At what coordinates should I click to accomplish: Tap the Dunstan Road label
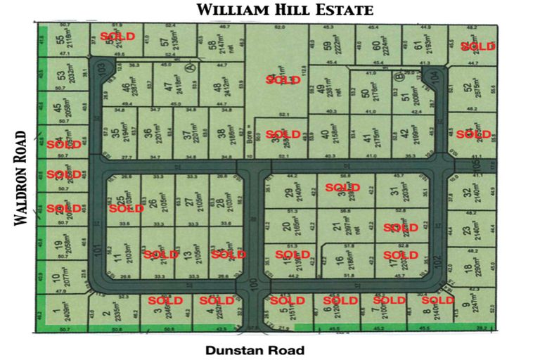pyautogui.click(x=256, y=349)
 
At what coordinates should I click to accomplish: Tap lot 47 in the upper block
pyautogui.click(x=168, y=88)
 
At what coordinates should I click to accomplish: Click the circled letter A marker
pyautogui.click(x=189, y=67)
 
